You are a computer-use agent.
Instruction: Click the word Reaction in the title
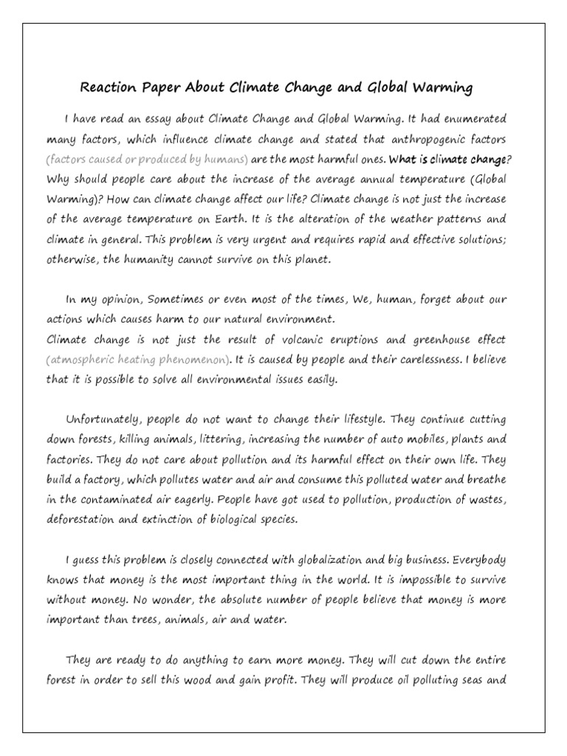[x=108, y=89]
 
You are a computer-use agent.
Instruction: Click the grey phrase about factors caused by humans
[x=147, y=159]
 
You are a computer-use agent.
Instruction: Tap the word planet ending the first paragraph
[x=308, y=260]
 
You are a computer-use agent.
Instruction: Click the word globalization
[x=346, y=560]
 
